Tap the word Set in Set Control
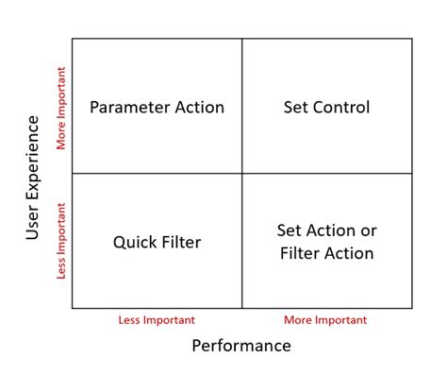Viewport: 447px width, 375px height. coord(295,108)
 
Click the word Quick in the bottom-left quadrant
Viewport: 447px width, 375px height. coord(133,242)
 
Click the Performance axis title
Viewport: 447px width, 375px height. coord(241,346)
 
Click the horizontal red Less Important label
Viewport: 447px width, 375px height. coord(157,320)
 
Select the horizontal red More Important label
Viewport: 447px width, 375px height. coord(325,320)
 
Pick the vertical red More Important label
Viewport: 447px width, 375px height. coord(62,107)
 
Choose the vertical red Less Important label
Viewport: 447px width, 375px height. coord(62,241)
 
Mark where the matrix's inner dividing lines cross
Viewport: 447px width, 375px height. coord(242,174)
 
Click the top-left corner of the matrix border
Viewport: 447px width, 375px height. coord(73,39)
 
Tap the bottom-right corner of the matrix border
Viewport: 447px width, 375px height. coord(412,309)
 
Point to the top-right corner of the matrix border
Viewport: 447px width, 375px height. coord(412,39)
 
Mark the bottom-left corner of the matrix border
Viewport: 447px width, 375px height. coord(73,309)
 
